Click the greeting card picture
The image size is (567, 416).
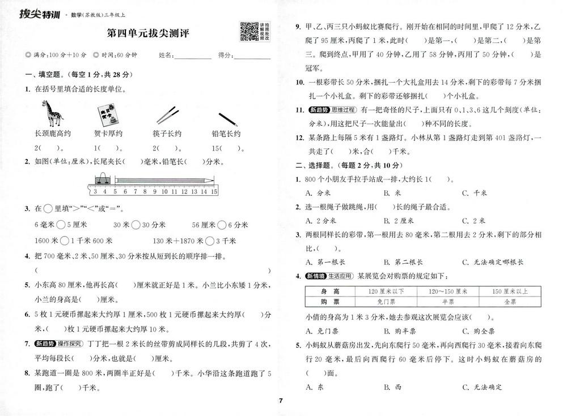tap(105, 115)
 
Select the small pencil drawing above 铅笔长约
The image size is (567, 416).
tap(227, 118)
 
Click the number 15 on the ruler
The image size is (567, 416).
tap(214, 192)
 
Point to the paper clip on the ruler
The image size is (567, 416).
tap(102, 180)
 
